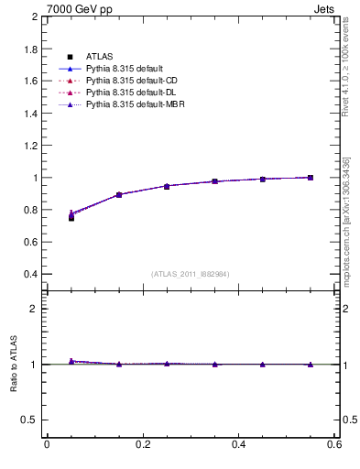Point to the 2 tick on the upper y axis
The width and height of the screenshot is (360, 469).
[x=33, y=17]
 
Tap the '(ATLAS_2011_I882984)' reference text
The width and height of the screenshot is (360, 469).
[x=190, y=275]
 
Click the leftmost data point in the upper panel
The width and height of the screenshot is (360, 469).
[x=71, y=217]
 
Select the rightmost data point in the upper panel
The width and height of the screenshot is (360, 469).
[x=311, y=178]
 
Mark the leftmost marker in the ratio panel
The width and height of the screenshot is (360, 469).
[x=71, y=361]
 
